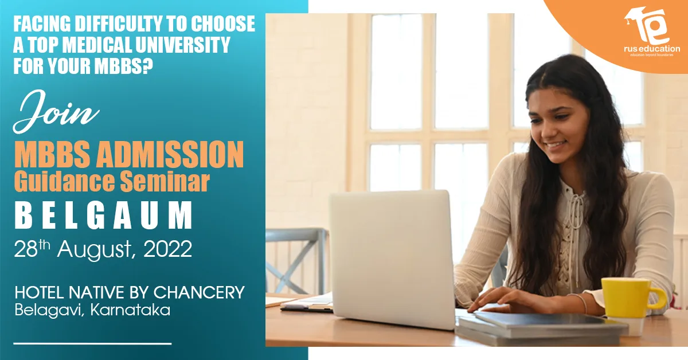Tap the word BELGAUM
(104, 215)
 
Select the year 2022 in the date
(167, 249)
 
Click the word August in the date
(95, 251)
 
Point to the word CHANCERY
(199, 292)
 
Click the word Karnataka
(130, 310)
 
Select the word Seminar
(165, 182)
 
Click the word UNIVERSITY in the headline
(182, 45)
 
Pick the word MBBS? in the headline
(123, 66)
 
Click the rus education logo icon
(647, 27)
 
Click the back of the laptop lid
(392, 259)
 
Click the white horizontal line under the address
(92, 343)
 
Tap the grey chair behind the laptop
(296, 260)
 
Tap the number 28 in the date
(26, 249)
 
